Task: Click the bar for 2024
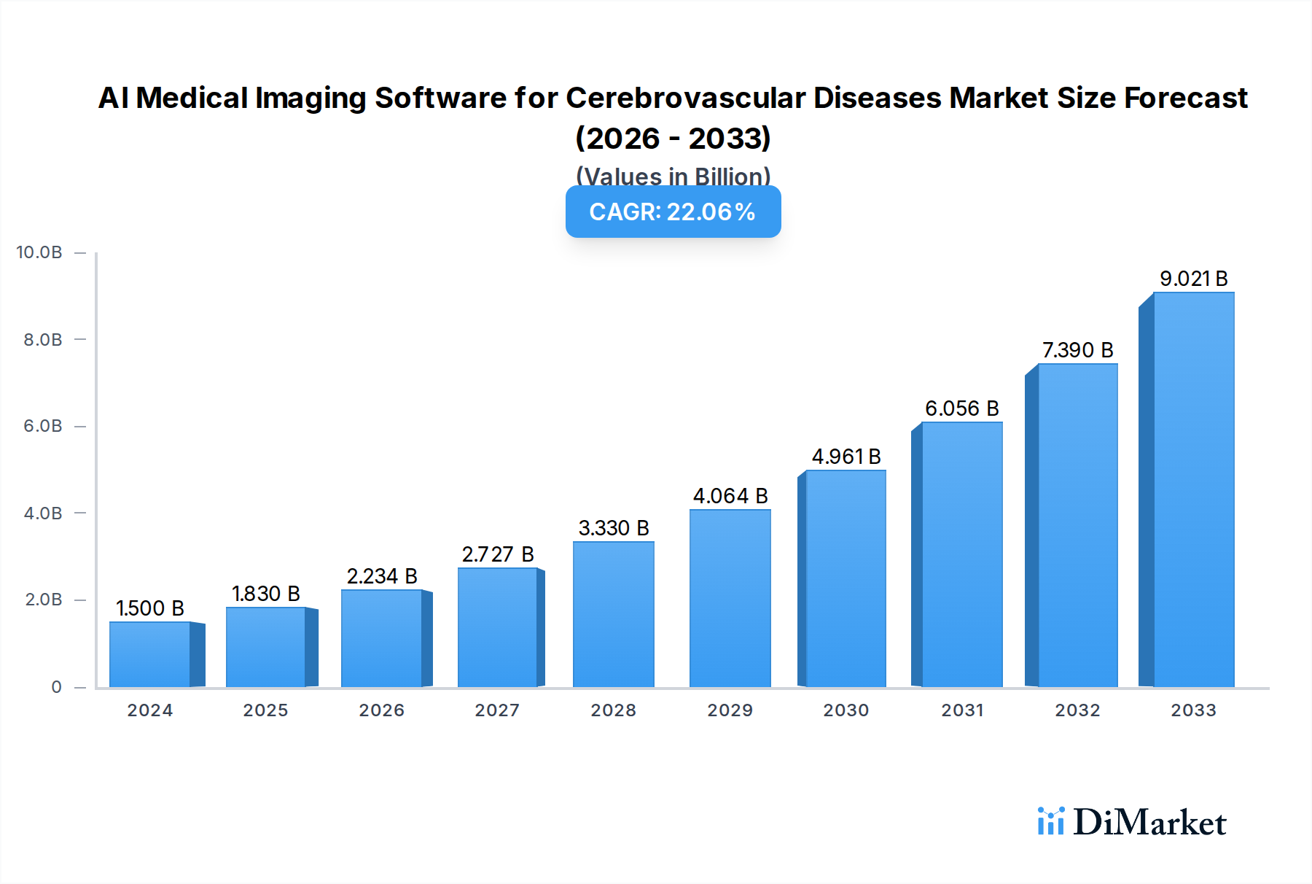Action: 150,654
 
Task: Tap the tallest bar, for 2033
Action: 1193,489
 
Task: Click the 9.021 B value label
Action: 1193,279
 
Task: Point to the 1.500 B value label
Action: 150,608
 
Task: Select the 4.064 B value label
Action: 730,496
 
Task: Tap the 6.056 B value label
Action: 961,408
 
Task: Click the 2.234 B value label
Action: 382,576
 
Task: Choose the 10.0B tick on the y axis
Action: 39,252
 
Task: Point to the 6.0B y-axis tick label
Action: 43,426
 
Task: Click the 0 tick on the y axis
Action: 56,687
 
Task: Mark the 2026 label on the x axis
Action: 381,710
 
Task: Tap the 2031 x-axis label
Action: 962,710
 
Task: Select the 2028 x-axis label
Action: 613,710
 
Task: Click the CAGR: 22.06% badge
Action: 673,212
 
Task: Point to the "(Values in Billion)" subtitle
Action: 673,176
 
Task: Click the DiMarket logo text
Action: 1149,823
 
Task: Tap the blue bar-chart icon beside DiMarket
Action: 1050,821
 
